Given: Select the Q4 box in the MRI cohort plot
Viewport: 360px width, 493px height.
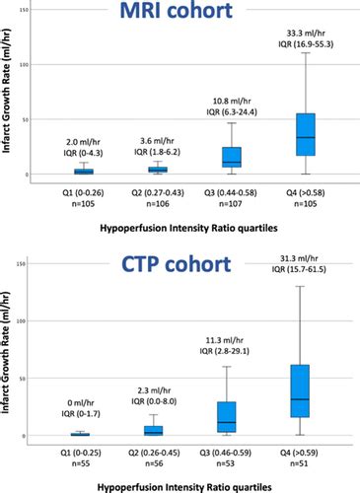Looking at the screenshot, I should click(306, 134).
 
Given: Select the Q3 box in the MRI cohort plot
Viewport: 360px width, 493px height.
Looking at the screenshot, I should click(232, 156).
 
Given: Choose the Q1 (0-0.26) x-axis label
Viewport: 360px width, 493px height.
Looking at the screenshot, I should click(79, 194).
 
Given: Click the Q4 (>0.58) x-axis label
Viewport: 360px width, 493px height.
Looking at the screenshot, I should click(306, 194).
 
